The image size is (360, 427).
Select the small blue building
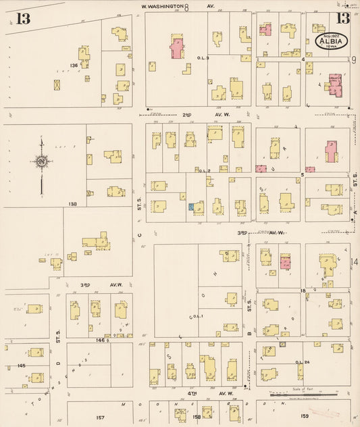click(191, 206)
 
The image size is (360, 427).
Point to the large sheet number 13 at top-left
click(23, 19)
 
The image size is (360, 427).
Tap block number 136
click(74, 65)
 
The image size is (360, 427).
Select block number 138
click(72, 203)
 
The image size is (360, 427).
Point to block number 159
click(304, 416)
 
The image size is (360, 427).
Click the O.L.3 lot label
click(203, 58)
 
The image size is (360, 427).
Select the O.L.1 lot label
click(197, 316)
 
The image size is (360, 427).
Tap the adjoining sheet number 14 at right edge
click(354, 261)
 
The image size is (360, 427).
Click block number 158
click(197, 417)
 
